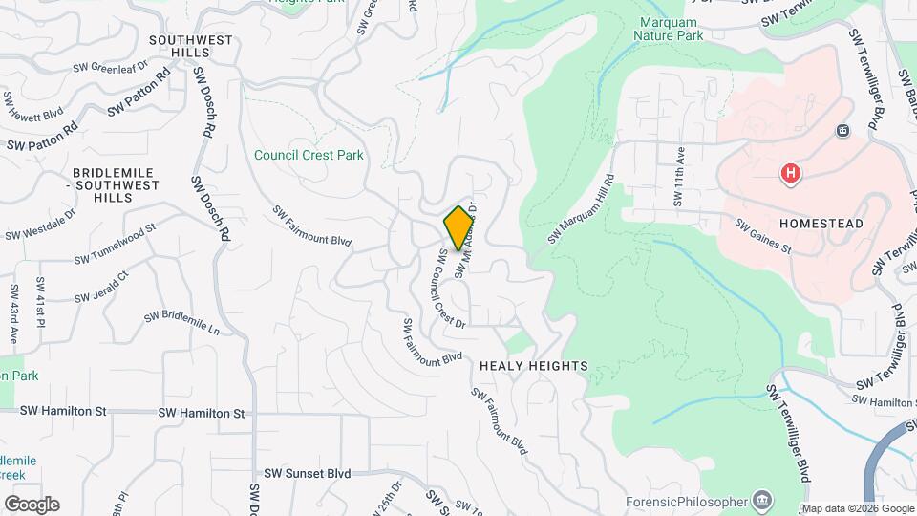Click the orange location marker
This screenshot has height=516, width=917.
pos(458,227)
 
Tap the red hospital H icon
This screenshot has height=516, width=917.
pos(791,174)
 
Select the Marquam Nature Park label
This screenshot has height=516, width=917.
pos(669,29)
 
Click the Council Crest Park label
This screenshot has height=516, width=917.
pos(309,155)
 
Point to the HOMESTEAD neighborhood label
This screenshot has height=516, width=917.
pos(821,223)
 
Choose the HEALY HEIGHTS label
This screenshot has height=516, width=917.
pos(533,366)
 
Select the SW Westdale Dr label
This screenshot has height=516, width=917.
pos(39,226)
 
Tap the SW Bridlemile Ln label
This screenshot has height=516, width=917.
pos(181,323)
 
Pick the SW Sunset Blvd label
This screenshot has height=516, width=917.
pos(308,473)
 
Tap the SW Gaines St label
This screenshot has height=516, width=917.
pos(763,236)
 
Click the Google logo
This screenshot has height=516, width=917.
pos(31,505)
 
